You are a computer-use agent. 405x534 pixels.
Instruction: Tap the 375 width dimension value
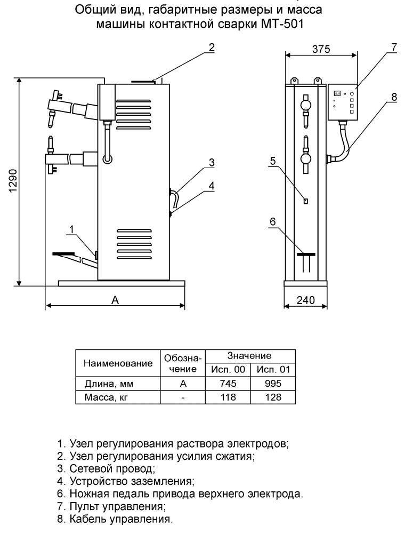[x=321, y=50]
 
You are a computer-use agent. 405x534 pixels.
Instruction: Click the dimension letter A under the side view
[x=115, y=300]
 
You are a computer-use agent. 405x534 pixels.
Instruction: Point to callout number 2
[x=211, y=47]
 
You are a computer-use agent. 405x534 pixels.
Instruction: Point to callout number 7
[x=393, y=47]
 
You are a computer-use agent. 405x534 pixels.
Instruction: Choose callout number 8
[x=393, y=98]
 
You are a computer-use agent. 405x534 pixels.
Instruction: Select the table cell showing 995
[x=272, y=384]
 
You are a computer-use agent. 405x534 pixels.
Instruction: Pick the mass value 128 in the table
[x=272, y=398]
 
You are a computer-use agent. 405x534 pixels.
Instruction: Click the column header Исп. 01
[x=272, y=370]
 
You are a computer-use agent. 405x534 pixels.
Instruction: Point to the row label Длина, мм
[x=109, y=384]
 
